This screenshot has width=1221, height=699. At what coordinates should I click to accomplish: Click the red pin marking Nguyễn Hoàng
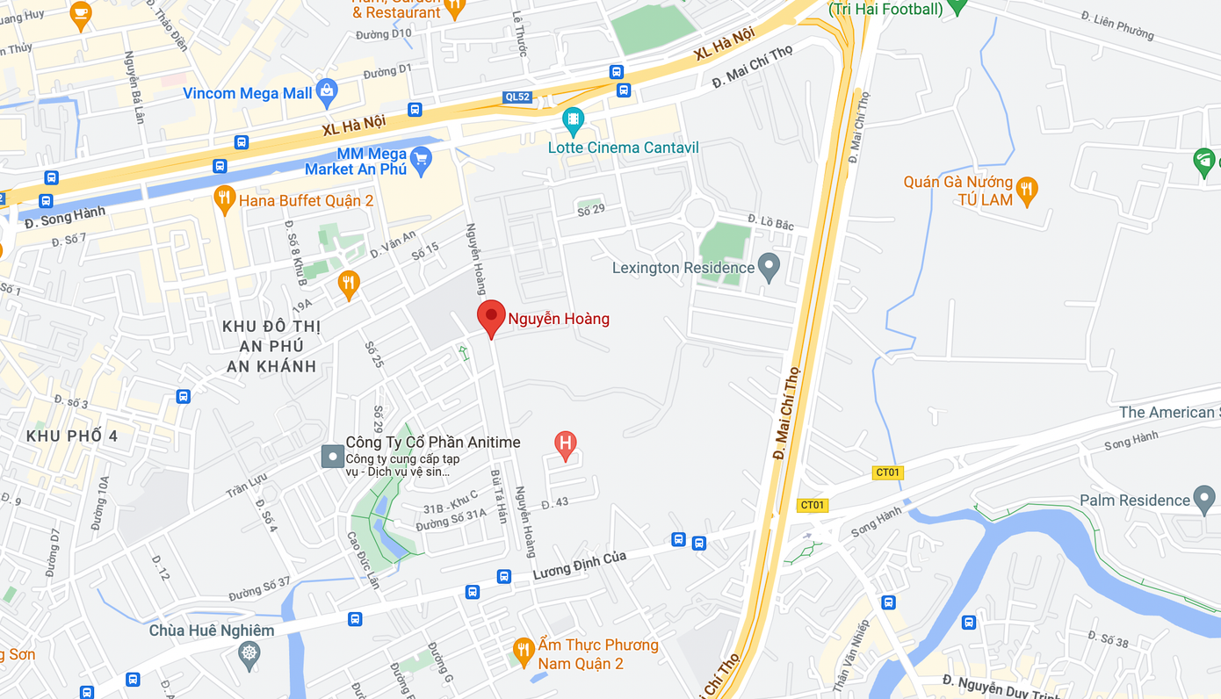click(491, 317)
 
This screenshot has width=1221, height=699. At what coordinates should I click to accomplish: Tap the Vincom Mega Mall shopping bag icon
click(327, 90)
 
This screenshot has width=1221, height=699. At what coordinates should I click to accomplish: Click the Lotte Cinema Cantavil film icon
click(573, 119)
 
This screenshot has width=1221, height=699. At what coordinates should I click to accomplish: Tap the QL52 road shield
click(518, 97)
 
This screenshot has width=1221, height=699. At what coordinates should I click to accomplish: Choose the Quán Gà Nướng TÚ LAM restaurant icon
click(1026, 188)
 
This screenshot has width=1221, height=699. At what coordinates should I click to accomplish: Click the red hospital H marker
click(566, 444)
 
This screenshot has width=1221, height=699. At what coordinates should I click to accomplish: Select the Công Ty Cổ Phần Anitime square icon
click(332, 457)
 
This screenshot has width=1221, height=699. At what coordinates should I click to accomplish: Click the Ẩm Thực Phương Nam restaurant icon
click(524, 650)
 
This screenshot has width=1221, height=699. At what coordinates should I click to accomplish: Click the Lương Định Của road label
click(579, 565)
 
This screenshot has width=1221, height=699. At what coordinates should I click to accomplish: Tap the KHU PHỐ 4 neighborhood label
click(72, 436)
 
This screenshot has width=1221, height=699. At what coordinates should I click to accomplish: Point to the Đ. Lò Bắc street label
click(770, 222)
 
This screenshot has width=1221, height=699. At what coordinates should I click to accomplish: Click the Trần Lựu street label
click(246, 485)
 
